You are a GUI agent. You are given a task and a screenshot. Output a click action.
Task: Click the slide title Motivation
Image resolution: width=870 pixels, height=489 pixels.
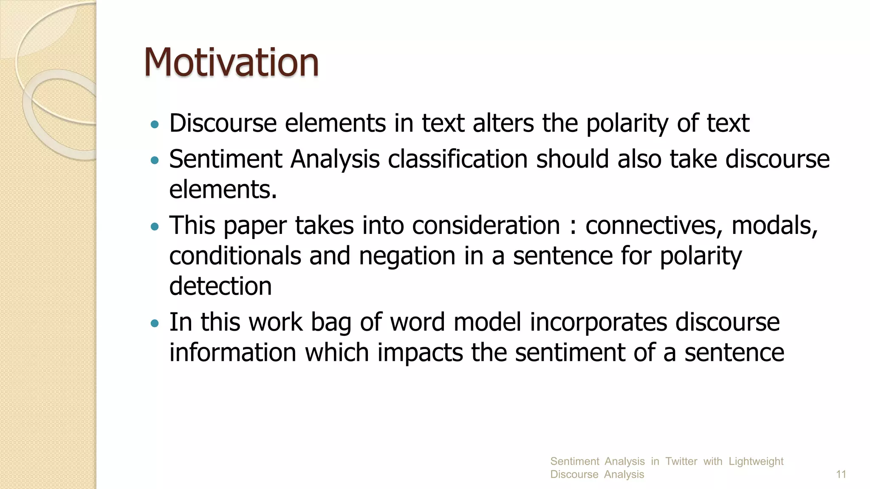click(x=231, y=62)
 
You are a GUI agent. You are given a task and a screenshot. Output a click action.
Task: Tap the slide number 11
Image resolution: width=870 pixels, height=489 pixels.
click(x=841, y=474)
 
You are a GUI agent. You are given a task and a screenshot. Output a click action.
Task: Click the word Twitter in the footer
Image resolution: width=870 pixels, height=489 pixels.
click(x=681, y=461)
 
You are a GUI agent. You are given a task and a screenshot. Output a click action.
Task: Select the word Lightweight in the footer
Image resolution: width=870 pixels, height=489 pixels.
click(x=756, y=461)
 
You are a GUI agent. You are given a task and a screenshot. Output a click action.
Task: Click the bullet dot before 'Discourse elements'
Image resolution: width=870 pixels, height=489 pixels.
click(x=155, y=125)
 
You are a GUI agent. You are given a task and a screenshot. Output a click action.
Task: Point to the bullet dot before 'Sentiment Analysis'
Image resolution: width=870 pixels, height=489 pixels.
click(x=155, y=160)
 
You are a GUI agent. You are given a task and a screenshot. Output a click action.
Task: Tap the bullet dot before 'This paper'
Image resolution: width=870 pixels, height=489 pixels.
click(x=155, y=227)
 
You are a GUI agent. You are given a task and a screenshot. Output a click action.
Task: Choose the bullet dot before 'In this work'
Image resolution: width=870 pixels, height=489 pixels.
click(x=155, y=324)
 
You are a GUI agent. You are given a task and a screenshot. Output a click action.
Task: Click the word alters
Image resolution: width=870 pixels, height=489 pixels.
click(x=503, y=124)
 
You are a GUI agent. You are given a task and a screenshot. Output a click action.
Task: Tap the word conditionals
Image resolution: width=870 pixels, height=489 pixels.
click(x=235, y=256)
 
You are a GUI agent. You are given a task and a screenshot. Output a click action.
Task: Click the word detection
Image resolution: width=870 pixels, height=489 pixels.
click(x=220, y=287)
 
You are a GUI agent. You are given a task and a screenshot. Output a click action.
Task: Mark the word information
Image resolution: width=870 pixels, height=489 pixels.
click(x=233, y=353)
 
